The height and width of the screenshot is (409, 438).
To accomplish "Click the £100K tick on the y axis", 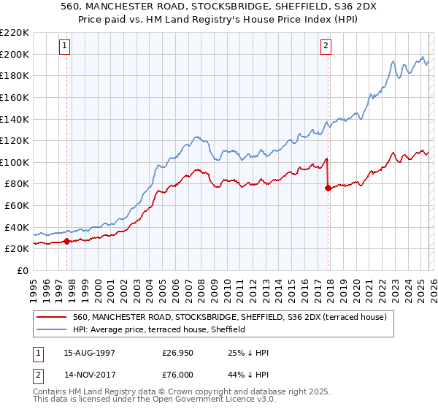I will coord(15,162).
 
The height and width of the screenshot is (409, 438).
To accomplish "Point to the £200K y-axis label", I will coord(15,54).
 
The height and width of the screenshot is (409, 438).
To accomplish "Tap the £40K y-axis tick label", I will coord(17,227).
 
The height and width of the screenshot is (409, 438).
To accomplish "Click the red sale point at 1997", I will coord(66,240).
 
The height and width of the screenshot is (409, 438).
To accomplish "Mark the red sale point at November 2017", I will coord(328,188).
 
